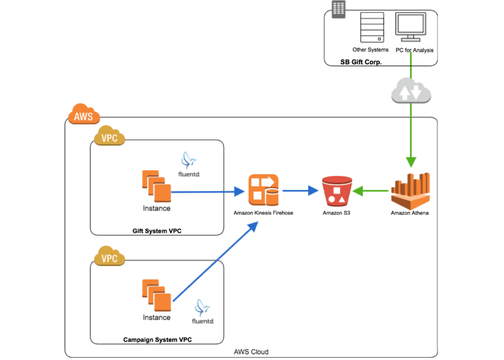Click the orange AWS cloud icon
point(84,114)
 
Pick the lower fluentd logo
point(202,311)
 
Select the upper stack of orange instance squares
point(157,186)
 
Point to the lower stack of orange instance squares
point(157,295)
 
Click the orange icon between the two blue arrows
point(263,190)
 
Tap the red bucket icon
point(337,191)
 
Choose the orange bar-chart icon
point(411,191)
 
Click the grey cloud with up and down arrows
point(411,91)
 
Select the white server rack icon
point(372,27)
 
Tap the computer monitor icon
point(410,27)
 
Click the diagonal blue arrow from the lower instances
point(215,259)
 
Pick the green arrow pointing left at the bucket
point(371,191)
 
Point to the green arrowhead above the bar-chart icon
point(411,162)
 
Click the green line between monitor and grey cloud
point(411,64)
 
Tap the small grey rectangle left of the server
point(339,9)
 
